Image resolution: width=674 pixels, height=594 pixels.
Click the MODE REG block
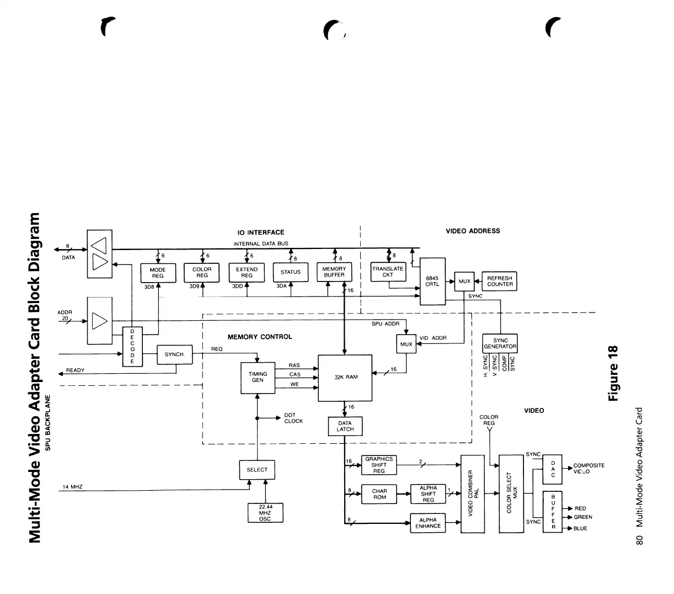[x=158, y=273]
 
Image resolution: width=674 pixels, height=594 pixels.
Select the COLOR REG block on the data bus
[x=202, y=273]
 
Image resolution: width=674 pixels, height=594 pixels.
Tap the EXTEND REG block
[x=247, y=273]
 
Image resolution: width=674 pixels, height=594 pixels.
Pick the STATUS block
[x=291, y=272]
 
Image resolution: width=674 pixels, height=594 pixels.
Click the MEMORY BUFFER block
[x=334, y=272]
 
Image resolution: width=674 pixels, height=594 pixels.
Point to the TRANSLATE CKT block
[x=388, y=272]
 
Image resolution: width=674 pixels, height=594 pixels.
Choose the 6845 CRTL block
[x=432, y=281]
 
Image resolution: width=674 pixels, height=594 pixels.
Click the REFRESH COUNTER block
[x=500, y=282]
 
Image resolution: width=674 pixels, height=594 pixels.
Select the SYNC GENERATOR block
[x=500, y=343]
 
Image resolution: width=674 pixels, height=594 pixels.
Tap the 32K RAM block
[x=346, y=377]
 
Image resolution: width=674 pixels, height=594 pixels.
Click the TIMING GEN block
[x=258, y=378]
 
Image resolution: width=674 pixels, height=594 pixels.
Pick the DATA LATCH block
[x=345, y=426]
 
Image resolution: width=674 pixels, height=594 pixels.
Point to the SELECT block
[x=257, y=470]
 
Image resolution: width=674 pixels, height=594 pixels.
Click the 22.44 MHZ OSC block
[x=265, y=513]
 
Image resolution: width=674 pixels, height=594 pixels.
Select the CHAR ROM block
[x=379, y=494]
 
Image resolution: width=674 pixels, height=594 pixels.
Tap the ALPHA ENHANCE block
[x=428, y=523]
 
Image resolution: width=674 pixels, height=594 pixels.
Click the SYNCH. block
[x=175, y=354]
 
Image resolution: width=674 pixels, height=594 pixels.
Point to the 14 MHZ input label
[x=72, y=487]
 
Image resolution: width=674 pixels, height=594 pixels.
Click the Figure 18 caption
[x=613, y=374]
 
